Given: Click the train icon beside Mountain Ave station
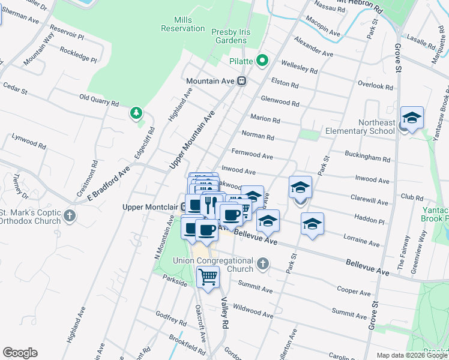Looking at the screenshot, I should point(242,81).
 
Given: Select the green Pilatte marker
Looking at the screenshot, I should point(262,60).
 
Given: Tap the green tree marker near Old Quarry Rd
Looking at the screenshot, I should point(137,113).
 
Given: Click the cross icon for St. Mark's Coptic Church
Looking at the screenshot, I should point(70,215).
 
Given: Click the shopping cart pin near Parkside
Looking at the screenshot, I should point(208,277).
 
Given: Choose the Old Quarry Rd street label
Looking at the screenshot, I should point(99,100).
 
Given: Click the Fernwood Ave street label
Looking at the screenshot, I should point(252,154).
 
